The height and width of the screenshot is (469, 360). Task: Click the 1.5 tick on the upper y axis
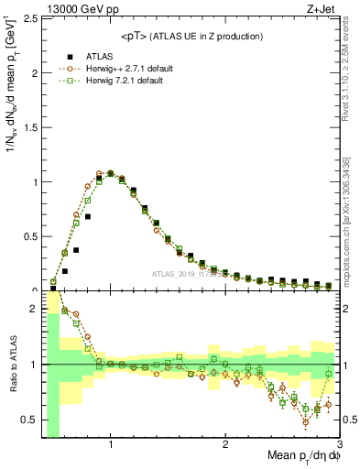click(x=30, y=127)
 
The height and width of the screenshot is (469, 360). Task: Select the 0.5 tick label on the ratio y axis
click(x=30, y=420)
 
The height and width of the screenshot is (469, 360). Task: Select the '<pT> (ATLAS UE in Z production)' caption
click(x=191, y=36)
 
